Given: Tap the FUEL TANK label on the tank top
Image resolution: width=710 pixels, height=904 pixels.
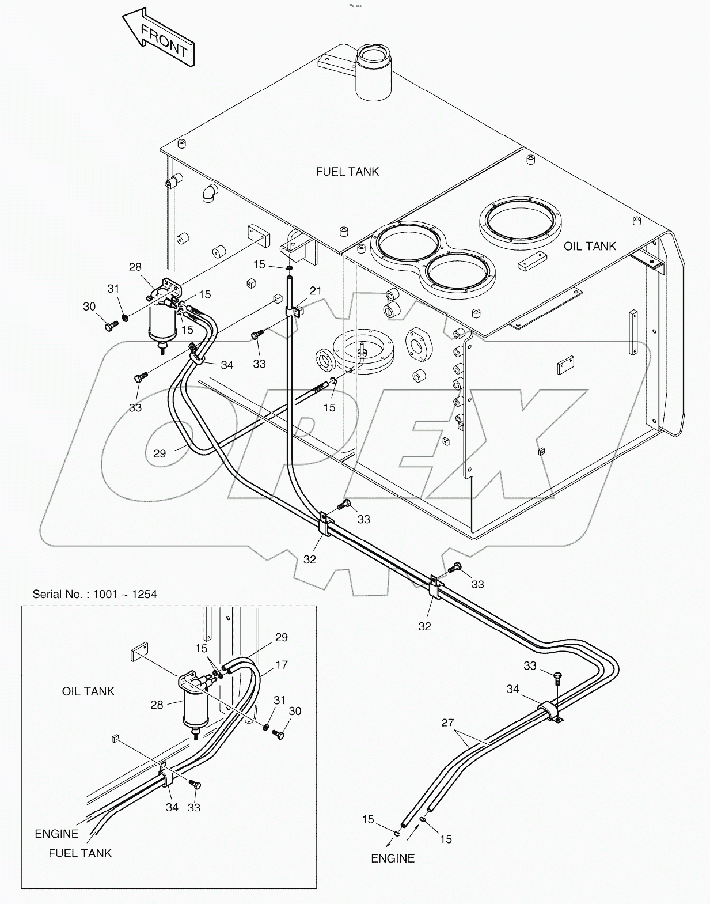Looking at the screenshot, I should click(x=347, y=172).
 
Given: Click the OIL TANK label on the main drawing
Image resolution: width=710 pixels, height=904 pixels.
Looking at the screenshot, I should click(x=590, y=247).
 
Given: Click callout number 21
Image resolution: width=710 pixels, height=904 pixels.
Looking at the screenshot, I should click(x=315, y=292).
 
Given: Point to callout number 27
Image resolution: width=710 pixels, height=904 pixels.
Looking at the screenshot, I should click(x=447, y=723).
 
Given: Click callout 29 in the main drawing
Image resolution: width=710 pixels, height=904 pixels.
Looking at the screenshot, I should click(x=160, y=454).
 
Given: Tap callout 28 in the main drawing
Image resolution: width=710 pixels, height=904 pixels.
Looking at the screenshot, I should click(x=135, y=267).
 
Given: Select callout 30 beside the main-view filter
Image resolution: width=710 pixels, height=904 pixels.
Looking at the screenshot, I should click(x=89, y=307).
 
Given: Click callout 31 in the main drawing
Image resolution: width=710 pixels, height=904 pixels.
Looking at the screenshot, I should click(x=113, y=289).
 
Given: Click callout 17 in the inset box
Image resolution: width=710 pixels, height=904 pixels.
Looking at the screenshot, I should click(x=281, y=665).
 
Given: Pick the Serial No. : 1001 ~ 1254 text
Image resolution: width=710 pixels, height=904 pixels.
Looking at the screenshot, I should click(x=94, y=594).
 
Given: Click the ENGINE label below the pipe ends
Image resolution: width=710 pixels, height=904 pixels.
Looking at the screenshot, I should click(x=393, y=858).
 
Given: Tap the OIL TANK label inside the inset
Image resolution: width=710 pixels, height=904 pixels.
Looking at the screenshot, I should click(x=88, y=691).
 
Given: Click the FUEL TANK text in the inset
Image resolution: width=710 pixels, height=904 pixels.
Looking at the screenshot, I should click(x=80, y=853).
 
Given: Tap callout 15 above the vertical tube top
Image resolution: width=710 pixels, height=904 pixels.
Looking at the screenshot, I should click(x=259, y=264).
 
